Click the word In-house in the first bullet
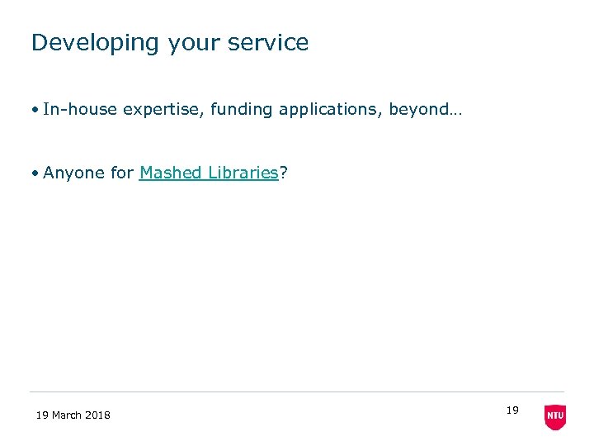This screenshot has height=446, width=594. point(80,109)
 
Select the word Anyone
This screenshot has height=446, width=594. point(73,173)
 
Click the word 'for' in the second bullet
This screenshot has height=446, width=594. point(121,173)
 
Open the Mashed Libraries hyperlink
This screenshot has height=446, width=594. point(209,173)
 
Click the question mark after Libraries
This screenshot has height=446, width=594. point(283,173)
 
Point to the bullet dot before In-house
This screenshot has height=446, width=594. point(35,110)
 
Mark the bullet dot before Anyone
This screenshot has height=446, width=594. point(35,173)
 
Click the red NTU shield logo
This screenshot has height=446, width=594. point(555,417)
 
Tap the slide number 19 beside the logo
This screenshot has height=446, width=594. point(512,410)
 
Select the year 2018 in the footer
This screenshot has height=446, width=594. point(98,415)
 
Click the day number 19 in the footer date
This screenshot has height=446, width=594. point(42,415)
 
